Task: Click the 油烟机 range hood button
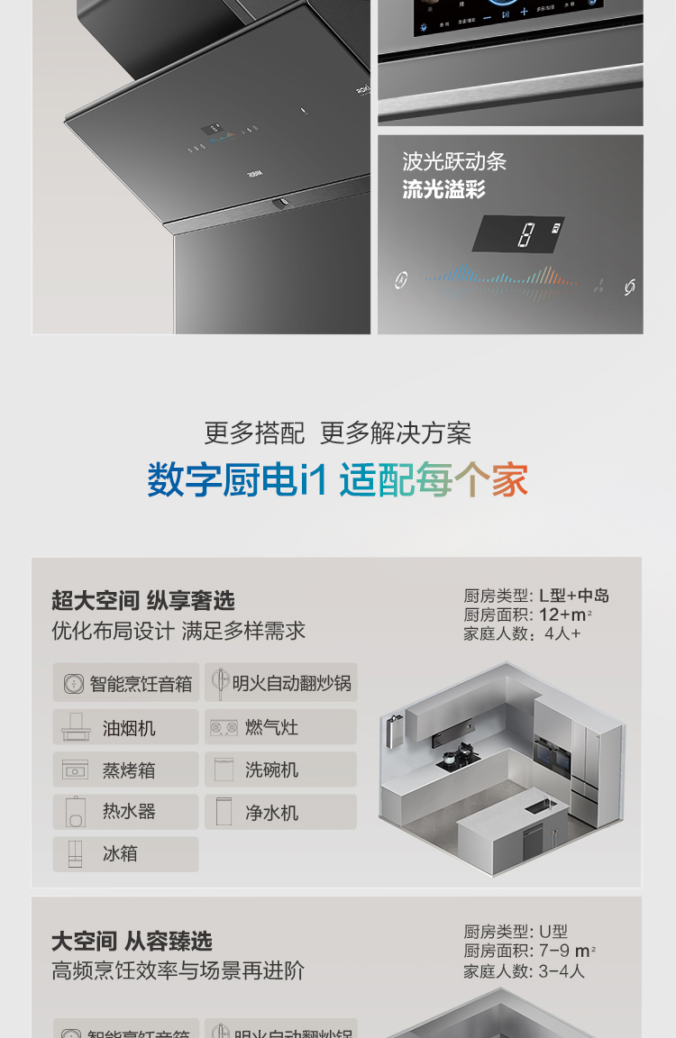(x=125, y=727)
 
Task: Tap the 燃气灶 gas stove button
(x=280, y=727)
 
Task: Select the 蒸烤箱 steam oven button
(x=125, y=769)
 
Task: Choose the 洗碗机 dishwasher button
(x=280, y=769)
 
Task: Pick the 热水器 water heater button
(x=125, y=812)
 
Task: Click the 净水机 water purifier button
(x=280, y=812)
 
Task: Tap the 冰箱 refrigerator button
(x=125, y=854)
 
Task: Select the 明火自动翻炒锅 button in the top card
(x=280, y=683)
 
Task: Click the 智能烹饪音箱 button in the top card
(x=125, y=683)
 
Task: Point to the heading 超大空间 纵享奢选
(x=142, y=601)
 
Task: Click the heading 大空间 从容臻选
(x=132, y=942)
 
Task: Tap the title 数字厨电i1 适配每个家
(x=338, y=480)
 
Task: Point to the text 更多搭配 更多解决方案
(x=338, y=433)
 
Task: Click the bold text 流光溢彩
(x=443, y=189)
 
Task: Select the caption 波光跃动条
(x=454, y=162)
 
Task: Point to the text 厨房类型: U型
(x=516, y=932)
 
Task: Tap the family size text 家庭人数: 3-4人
(x=524, y=971)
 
